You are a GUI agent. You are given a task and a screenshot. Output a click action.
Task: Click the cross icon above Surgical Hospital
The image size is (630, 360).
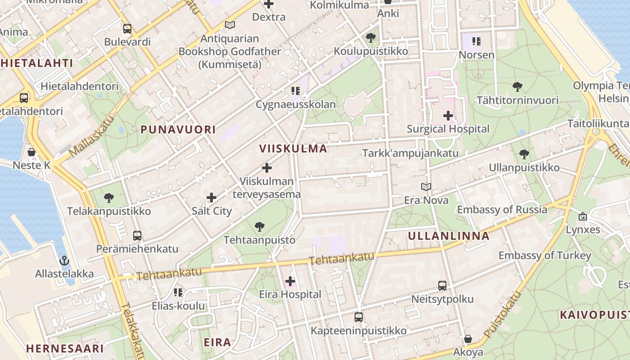click(448, 116)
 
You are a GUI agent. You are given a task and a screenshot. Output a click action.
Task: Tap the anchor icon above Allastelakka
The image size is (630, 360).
click(64, 261)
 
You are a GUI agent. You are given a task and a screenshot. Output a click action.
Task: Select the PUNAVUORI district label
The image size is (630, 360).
click(178, 130)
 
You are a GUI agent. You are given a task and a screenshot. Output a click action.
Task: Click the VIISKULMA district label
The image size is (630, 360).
click(293, 149)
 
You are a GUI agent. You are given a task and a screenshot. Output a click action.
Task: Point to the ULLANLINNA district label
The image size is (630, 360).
click(449, 236)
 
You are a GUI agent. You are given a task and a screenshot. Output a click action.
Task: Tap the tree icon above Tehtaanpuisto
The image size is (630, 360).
click(259, 226)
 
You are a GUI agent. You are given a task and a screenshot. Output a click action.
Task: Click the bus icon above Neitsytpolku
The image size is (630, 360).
click(442, 286)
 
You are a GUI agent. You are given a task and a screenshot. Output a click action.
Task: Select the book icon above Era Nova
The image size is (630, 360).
click(426, 187)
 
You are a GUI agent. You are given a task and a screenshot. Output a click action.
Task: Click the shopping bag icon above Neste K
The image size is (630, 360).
click(31, 152)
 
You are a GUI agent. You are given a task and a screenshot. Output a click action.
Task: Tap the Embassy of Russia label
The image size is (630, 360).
click(502, 210)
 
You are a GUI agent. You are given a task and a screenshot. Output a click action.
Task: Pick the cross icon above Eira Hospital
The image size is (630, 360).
click(290, 281)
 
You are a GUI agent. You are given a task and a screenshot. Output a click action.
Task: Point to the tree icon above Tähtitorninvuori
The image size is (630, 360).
click(517, 86)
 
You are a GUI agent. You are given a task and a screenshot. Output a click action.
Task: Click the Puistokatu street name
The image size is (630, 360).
click(503, 315)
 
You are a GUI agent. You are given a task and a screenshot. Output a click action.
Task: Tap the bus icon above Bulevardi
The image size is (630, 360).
click(127, 29)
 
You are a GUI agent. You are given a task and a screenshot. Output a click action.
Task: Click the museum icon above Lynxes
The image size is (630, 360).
click(583, 216)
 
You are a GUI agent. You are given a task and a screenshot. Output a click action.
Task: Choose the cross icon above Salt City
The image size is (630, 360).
click(211, 197)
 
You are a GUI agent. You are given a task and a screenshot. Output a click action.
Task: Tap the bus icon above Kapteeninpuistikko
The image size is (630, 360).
click(358, 317)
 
